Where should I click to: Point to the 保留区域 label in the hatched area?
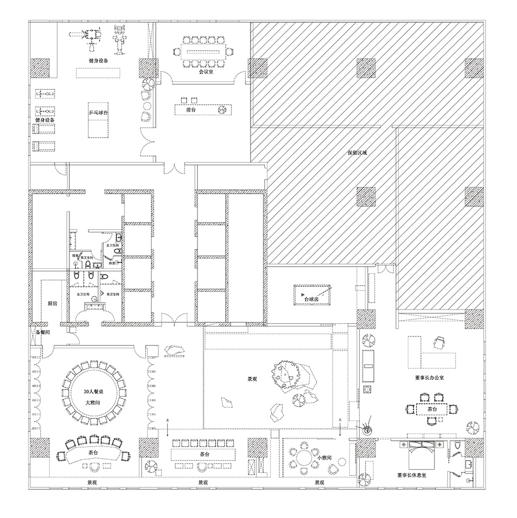click(357, 153)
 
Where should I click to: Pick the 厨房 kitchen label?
click(52, 304)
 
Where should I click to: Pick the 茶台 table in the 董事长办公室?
click(430, 408)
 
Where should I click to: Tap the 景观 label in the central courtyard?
click(252, 379)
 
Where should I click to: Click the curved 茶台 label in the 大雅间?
click(93, 453)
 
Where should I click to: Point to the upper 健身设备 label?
click(99, 61)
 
